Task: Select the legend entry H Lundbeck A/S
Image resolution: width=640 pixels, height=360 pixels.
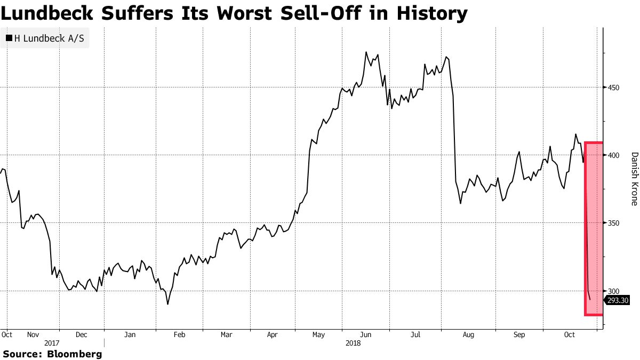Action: point(49,38)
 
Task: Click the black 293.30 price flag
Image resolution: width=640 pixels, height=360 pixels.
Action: point(618,300)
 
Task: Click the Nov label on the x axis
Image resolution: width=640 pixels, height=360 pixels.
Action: point(33,335)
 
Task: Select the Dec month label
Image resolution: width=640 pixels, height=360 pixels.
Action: point(81,335)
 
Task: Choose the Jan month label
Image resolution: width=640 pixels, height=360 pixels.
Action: point(130,335)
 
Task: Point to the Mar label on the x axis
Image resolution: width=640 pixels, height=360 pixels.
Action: point(226,335)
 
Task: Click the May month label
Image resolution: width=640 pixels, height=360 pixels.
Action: point(318,335)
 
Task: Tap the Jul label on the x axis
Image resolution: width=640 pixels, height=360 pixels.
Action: point(416,335)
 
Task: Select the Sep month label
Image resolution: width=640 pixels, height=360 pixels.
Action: point(519,335)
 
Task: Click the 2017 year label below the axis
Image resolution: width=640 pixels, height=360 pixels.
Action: point(52,343)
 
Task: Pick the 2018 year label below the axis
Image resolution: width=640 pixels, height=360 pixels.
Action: point(353,343)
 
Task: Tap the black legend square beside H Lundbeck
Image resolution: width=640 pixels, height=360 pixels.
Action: point(9,38)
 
